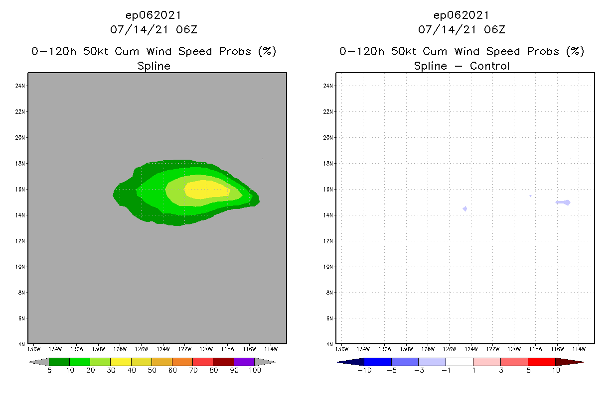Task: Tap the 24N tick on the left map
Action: tap(20, 86)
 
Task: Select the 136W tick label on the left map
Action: tap(33, 349)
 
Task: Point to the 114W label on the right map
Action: tap(579, 349)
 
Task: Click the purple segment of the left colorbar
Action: tap(244, 362)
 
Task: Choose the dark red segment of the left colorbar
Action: tap(223, 362)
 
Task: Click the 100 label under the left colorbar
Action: tap(255, 370)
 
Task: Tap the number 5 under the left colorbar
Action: tap(49, 370)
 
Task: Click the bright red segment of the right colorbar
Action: tap(541, 362)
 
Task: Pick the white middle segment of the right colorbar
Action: tap(459, 362)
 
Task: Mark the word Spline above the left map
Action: tap(154, 66)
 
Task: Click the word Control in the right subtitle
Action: tap(490, 66)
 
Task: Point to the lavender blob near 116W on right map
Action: tap(563, 202)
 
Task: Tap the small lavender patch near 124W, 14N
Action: tap(465, 209)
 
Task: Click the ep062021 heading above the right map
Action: tap(462, 15)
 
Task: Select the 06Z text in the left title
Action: tap(187, 29)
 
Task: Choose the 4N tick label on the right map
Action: tap(330, 344)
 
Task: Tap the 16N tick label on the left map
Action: tap(20, 190)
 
